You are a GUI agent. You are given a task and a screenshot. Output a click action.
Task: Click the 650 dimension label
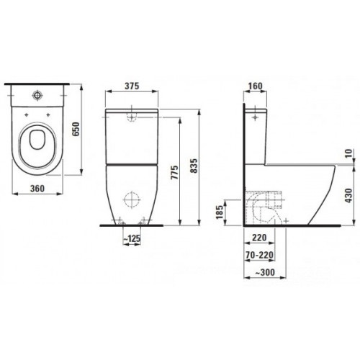(x=76, y=129)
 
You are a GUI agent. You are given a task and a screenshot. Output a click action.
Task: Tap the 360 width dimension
(x=37, y=189)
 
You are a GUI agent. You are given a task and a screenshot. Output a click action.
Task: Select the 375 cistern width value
(x=132, y=86)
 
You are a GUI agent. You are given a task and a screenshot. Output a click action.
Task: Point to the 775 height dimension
(x=175, y=172)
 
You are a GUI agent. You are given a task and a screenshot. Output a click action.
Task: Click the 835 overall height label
(x=194, y=166)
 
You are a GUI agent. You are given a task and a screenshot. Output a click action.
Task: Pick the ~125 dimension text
(x=132, y=239)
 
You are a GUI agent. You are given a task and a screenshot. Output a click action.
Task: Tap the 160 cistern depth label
(x=255, y=86)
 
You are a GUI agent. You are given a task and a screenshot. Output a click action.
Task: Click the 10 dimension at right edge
(x=350, y=153)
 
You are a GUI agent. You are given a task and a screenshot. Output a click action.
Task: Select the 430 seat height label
(x=349, y=195)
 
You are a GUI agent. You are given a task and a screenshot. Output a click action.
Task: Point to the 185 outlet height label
(x=220, y=212)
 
